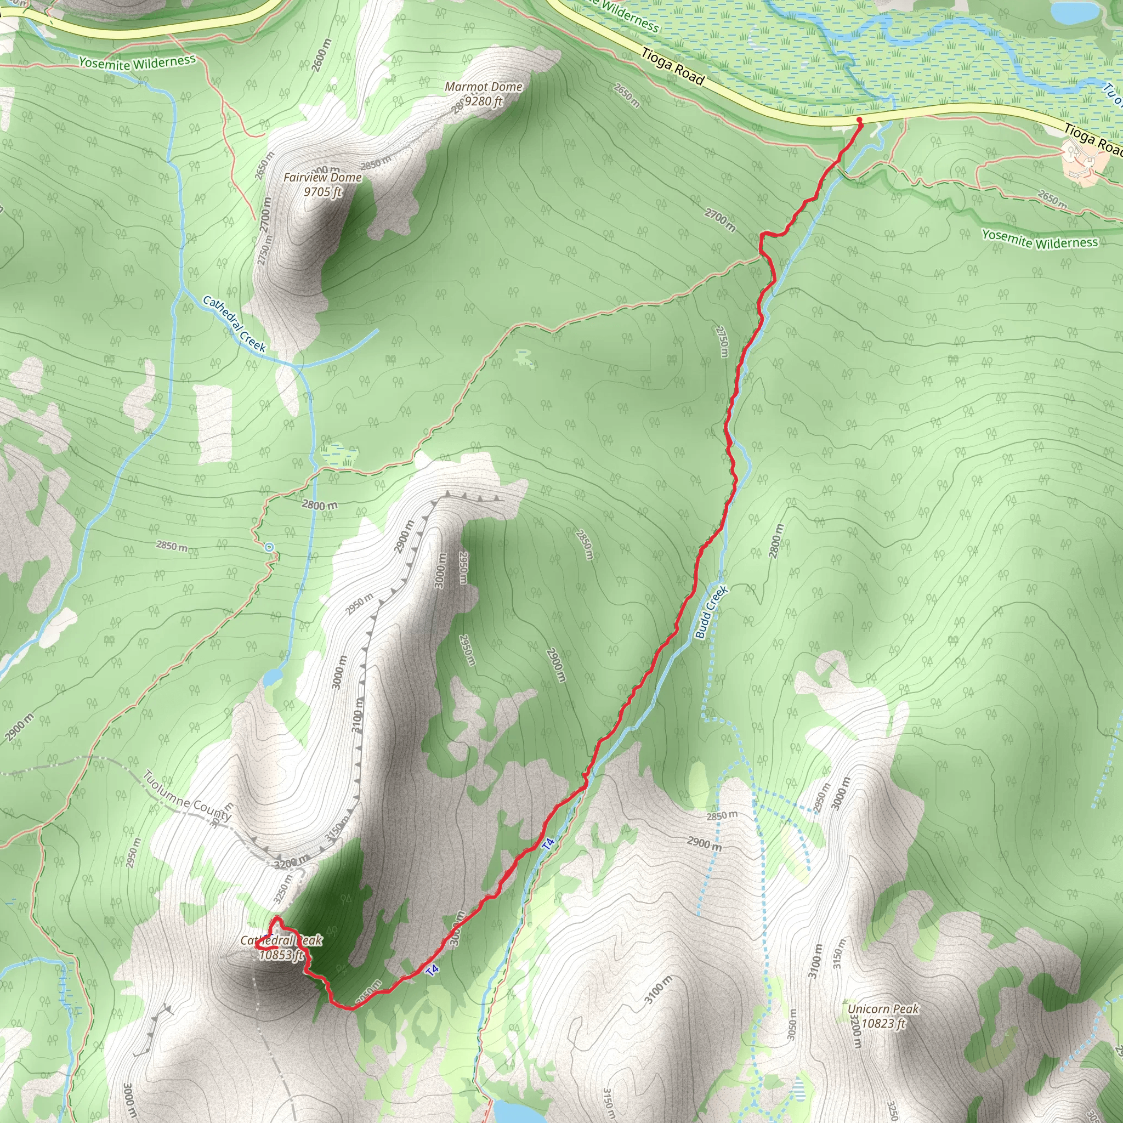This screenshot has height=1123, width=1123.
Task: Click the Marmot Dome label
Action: pos(483,87)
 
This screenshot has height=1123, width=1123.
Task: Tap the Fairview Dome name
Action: pos(322,177)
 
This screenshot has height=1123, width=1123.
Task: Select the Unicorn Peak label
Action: pos(883,1009)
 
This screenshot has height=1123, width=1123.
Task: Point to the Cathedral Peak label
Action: pos(281,940)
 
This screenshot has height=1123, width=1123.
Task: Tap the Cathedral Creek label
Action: pos(234,324)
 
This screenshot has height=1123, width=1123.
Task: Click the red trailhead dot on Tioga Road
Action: pos(859,120)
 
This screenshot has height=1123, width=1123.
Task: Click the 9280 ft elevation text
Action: pos(483,101)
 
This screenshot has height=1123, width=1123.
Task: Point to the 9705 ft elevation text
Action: pos(322,192)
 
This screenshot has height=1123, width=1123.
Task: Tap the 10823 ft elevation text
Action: pos(883,1023)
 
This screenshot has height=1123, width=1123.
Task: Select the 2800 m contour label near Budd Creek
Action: pos(776,541)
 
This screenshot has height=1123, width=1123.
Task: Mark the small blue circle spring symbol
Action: pos(269,547)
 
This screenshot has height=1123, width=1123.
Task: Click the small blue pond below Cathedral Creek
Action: pos(272,677)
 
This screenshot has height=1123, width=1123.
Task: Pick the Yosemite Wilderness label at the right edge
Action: pos(1040,239)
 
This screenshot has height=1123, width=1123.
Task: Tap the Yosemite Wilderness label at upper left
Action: pos(137,62)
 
